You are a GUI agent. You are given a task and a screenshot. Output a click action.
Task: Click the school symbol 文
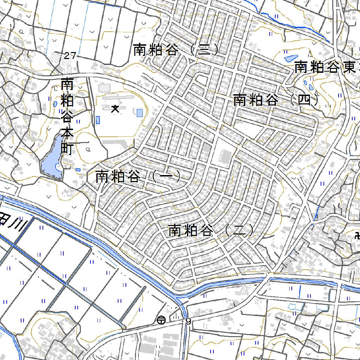coord(115,109)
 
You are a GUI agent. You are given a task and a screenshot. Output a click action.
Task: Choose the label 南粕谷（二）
coord(211,231)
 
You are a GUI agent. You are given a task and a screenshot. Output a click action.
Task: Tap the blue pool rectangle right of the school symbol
coord(140,113)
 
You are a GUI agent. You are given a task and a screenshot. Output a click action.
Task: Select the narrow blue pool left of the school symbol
coord(98,120)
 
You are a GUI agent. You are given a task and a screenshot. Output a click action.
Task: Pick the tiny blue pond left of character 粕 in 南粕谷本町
coord(55,104)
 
